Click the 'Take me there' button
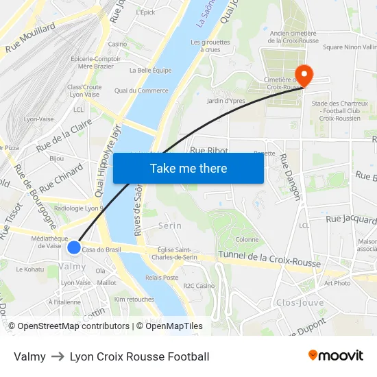click(x=188, y=168)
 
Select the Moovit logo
click(x=335, y=356)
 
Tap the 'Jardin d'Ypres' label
click(x=226, y=101)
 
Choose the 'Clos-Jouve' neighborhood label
click(x=300, y=302)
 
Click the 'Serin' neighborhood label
click(x=170, y=226)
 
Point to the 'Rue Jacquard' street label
click(x=351, y=220)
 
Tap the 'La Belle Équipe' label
click(x=150, y=70)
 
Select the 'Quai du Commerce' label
click(x=141, y=90)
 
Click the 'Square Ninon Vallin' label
click(x=350, y=47)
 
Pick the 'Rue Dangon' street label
click(x=289, y=177)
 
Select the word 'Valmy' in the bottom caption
click(x=29, y=356)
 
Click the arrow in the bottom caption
click(x=58, y=356)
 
